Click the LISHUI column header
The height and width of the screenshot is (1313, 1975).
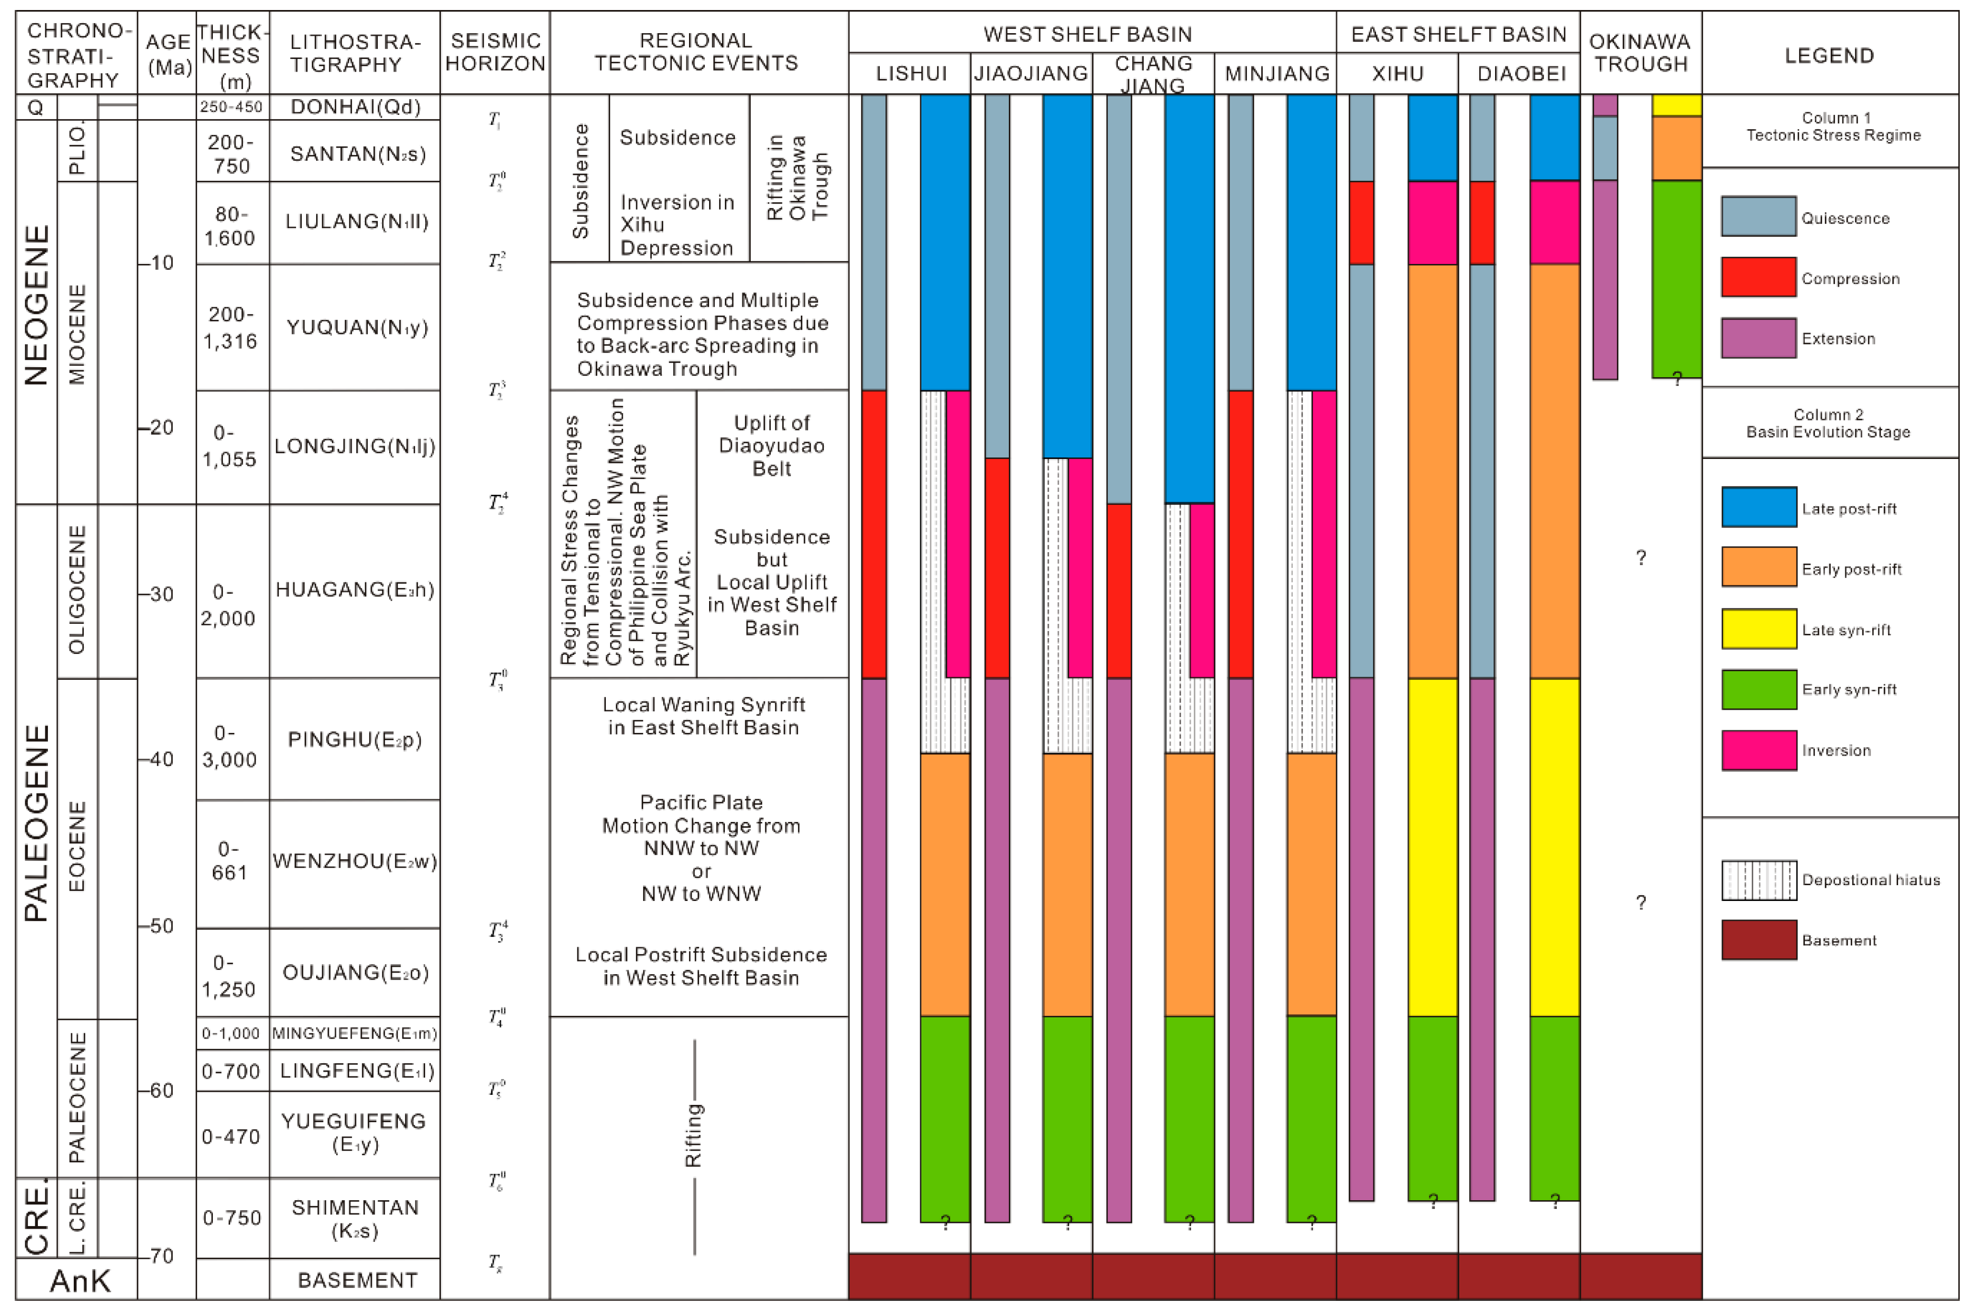tap(911, 74)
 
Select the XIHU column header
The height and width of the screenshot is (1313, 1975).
tap(1397, 74)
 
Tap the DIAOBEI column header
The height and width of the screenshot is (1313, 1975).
tap(1520, 74)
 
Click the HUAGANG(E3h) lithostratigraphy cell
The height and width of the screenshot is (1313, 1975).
tap(355, 590)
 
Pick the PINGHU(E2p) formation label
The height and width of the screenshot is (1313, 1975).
tap(355, 739)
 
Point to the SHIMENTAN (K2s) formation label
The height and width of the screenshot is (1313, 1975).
tap(355, 1218)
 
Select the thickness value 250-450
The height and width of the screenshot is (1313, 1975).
tap(231, 107)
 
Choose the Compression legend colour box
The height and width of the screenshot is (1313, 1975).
tap(1758, 277)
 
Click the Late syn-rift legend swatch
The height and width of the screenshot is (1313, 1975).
tap(1758, 629)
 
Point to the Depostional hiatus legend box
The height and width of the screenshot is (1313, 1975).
tap(1758, 880)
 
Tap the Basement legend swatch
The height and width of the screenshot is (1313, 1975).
tap(1758, 939)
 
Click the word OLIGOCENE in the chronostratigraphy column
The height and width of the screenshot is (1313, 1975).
tap(77, 590)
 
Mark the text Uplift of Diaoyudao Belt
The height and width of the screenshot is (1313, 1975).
tap(771, 446)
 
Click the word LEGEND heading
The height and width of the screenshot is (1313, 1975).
tap(1829, 56)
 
